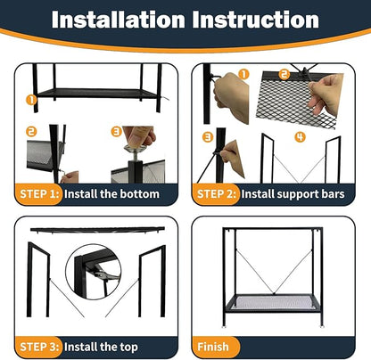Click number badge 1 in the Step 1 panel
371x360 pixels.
[x=29, y=101]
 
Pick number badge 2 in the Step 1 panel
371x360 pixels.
[x=31, y=131]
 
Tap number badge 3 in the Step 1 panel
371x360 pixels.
[x=116, y=130]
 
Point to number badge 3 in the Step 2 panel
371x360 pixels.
[x=207, y=136]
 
